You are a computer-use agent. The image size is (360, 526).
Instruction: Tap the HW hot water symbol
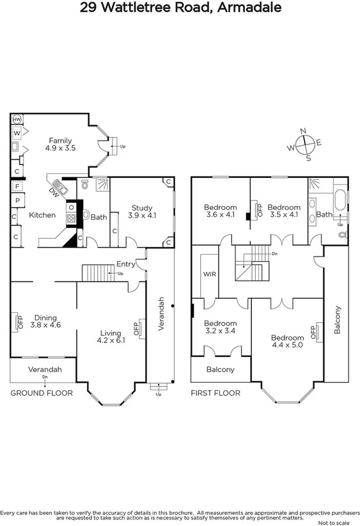coord(17,120)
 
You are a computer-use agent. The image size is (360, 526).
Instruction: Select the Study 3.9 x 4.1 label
coord(142,212)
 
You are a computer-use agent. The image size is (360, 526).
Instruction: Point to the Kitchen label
coord(42,216)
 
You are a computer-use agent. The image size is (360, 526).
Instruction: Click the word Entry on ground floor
coord(126,264)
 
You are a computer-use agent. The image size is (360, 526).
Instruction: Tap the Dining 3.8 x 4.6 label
coord(45,321)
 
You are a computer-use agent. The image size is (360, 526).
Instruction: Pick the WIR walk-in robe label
coord(210,274)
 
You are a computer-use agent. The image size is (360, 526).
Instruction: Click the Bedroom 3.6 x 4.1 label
coord(220,211)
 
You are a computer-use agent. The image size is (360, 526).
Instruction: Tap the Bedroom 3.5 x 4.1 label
coord(283,211)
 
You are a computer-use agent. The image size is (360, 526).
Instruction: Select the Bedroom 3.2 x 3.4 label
coord(220,328)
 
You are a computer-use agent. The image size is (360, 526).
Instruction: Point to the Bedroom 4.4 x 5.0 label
coord(287,342)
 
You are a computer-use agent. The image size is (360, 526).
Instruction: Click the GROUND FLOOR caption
coord(41,393)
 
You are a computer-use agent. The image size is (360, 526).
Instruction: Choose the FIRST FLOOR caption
coord(215,393)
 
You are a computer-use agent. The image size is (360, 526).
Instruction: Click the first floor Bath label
coord(324,214)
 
